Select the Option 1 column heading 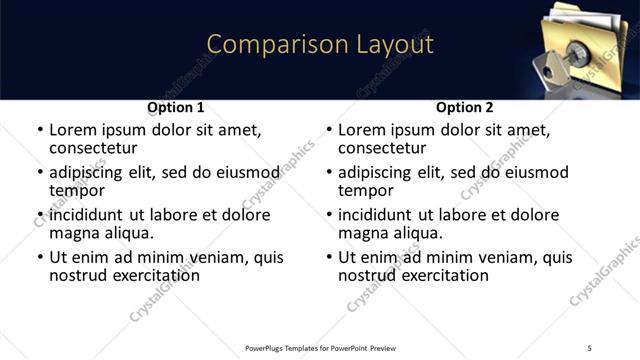[x=175, y=107]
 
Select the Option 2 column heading [x=465, y=107]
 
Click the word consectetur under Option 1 [x=93, y=148]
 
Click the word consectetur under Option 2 [x=382, y=148]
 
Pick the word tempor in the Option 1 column [x=78, y=190]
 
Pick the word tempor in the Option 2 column [x=367, y=190]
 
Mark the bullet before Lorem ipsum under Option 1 [x=40, y=130]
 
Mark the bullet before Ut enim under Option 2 [x=329, y=258]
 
